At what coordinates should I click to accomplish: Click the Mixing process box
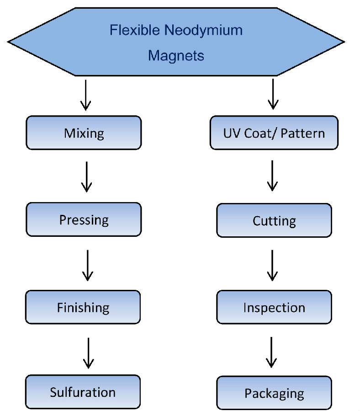[x=84, y=133]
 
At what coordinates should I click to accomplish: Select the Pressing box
[x=84, y=219]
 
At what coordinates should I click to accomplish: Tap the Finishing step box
[x=83, y=307]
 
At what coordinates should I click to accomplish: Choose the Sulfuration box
[x=83, y=392]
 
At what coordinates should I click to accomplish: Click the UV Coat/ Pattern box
[x=274, y=133]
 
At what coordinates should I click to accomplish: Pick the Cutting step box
[x=274, y=220]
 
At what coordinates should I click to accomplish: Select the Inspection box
[x=274, y=307]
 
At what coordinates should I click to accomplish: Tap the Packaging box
[x=274, y=393]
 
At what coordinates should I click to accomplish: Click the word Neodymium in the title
[x=203, y=31]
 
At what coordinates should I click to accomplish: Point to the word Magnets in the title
[x=176, y=56]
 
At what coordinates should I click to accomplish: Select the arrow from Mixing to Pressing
[x=86, y=176]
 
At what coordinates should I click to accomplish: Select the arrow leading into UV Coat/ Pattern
[x=273, y=94]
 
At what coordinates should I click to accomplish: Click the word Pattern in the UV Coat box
[x=303, y=133]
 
